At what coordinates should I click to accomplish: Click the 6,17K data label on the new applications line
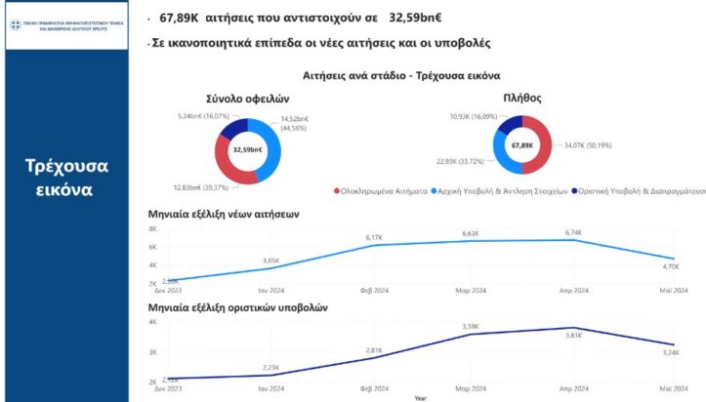point(373,237)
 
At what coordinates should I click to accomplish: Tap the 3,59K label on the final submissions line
point(471,326)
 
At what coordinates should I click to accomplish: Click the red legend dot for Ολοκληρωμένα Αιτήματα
point(337,192)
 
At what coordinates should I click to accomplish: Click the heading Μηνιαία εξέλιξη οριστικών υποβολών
point(237,306)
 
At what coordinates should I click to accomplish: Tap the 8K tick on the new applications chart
point(152,229)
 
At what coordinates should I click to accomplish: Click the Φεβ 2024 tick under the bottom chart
point(374,387)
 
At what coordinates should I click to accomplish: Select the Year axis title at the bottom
point(420,397)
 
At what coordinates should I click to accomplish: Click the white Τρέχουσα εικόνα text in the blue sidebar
point(65,177)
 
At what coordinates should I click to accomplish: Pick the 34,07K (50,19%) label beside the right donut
point(588,145)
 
